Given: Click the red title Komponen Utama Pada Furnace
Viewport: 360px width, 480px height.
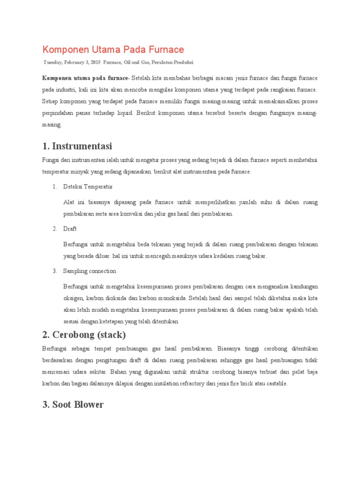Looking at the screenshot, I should point(113,49).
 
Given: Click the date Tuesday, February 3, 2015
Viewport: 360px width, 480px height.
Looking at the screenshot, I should point(72,62).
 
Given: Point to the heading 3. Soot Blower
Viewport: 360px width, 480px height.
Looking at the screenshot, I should point(73,404).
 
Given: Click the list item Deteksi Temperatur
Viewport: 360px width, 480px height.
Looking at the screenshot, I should point(88,187).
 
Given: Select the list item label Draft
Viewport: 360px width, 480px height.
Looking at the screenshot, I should point(70,229).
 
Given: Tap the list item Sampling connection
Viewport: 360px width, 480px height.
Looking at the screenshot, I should point(90,271).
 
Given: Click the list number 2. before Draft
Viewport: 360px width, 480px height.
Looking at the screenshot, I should point(55,229).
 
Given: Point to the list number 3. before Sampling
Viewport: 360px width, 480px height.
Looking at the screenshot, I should point(55,271).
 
